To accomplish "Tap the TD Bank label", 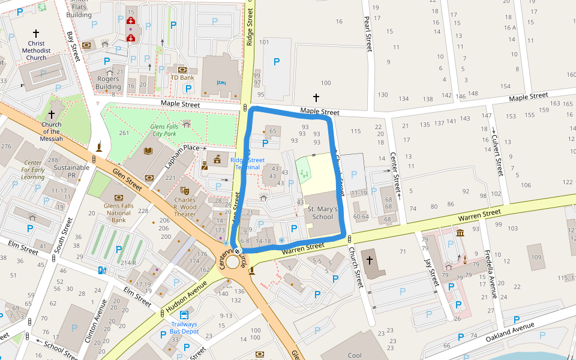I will point(182,77).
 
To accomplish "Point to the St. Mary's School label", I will point(322,213).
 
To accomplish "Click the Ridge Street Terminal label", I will point(248,164).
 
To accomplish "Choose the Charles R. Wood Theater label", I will point(185,207).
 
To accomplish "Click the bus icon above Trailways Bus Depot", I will point(184,314).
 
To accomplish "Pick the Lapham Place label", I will point(184,148).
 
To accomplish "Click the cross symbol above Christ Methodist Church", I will point(36,34).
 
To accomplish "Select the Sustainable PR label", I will point(71,172).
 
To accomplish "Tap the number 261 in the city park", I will point(124,133).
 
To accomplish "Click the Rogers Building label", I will point(109,83).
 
